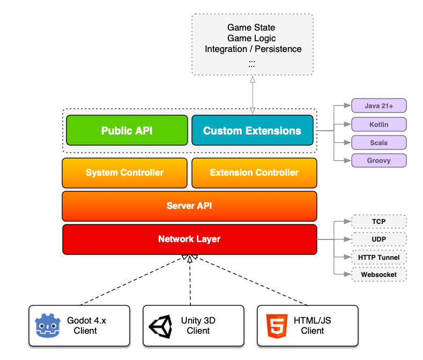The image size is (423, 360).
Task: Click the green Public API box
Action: [x=127, y=130]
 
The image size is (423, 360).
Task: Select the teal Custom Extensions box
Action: [x=252, y=130]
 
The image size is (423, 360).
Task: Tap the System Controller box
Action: [x=124, y=172]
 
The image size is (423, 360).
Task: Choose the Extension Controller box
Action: [x=254, y=172]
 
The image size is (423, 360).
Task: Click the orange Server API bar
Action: [x=189, y=206]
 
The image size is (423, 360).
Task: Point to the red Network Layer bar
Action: [x=189, y=239]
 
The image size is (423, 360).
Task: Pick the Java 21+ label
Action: [x=379, y=106]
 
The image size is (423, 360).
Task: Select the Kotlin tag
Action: [x=379, y=125]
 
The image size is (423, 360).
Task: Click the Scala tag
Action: [x=379, y=143]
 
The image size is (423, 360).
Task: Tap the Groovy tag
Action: [x=379, y=161]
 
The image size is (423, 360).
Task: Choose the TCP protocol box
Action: [x=379, y=222]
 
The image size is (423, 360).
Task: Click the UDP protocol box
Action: [x=379, y=239]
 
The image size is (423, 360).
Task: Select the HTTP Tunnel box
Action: [x=379, y=257]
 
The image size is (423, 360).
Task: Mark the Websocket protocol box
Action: [x=379, y=275]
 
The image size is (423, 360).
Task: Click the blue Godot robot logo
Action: [x=46, y=326]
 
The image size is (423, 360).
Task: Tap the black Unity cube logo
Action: [x=160, y=326]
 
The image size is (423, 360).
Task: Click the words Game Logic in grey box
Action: [x=251, y=38]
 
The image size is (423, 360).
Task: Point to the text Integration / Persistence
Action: [x=253, y=49]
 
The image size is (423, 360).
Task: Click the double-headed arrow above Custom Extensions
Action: [x=251, y=94]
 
